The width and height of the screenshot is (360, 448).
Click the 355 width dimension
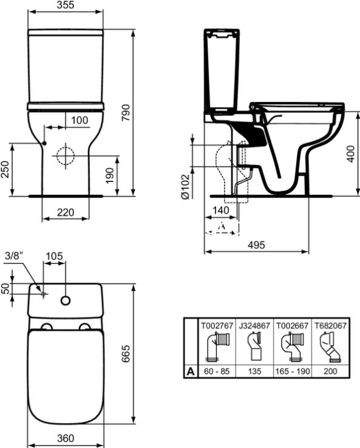[66, 5]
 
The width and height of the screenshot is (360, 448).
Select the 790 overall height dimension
[126, 112]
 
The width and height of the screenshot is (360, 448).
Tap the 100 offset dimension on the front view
[80, 120]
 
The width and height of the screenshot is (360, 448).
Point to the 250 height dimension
[5, 169]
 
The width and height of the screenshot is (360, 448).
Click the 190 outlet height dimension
[109, 175]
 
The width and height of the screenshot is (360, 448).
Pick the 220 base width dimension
[66, 212]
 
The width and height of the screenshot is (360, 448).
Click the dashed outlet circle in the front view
[66, 156]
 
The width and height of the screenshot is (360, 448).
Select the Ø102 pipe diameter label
[185, 186]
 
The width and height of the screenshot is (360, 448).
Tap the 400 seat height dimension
[350, 154]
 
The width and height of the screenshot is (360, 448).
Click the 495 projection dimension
[256, 245]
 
